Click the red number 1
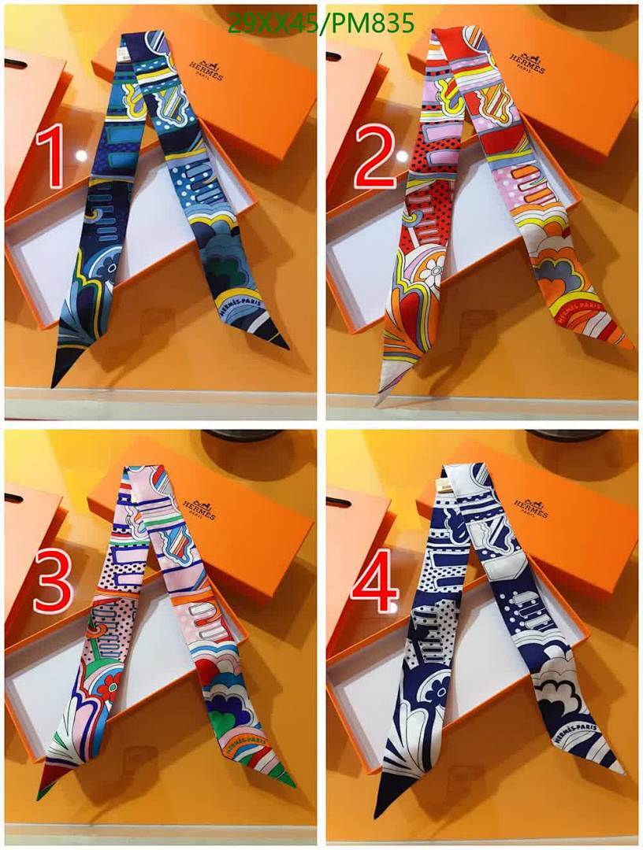(52, 160)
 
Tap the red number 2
(374, 157)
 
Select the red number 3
(53, 586)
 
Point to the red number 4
(375, 586)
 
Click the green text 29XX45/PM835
(320, 24)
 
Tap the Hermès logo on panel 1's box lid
(206, 69)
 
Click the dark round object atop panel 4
(556, 435)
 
